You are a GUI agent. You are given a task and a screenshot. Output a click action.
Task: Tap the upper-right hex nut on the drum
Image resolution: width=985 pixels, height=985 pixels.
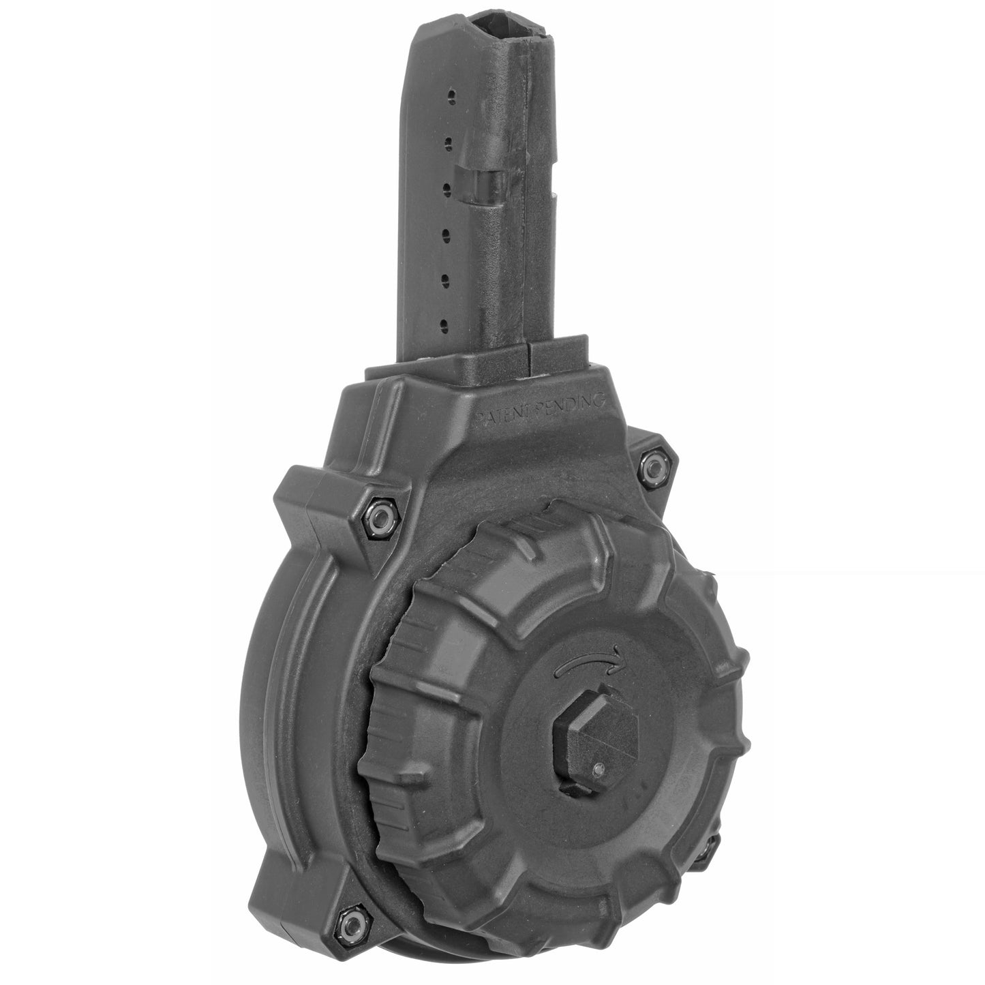655,466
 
